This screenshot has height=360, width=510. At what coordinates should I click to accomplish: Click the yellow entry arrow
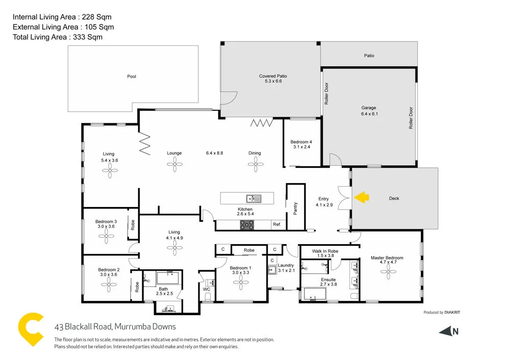pyautogui.click(x=362, y=197)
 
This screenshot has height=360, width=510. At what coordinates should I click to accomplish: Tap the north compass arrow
pyautogui.click(x=446, y=331)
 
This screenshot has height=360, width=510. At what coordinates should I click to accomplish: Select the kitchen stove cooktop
pyautogui.click(x=247, y=224)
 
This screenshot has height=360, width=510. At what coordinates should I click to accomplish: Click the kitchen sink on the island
pyautogui.click(x=253, y=198)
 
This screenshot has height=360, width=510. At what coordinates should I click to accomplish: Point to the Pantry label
pyautogui.click(x=295, y=208)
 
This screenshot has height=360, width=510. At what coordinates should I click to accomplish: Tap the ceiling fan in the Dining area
pyautogui.click(x=254, y=164)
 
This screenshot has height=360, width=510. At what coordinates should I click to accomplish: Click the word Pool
pyautogui.click(x=132, y=76)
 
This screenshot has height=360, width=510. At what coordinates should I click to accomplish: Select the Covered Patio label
pyautogui.click(x=273, y=79)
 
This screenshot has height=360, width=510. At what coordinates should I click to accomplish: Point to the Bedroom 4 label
pyautogui.click(x=300, y=144)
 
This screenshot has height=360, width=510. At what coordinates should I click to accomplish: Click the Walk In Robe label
pyautogui.click(x=325, y=251)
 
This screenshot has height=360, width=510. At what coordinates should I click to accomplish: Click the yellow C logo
pyautogui.click(x=30, y=331)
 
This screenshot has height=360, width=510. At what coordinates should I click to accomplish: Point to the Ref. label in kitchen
pyautogui.click(x=277, y=224)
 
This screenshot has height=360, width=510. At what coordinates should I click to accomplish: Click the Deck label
pyautogui.click(x=394, y=198)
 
